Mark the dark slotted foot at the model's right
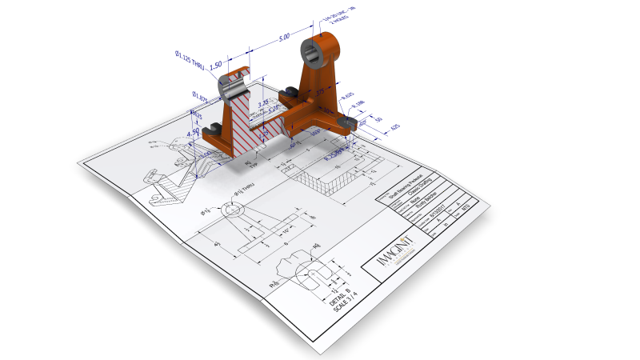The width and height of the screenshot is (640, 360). coord(347,122)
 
